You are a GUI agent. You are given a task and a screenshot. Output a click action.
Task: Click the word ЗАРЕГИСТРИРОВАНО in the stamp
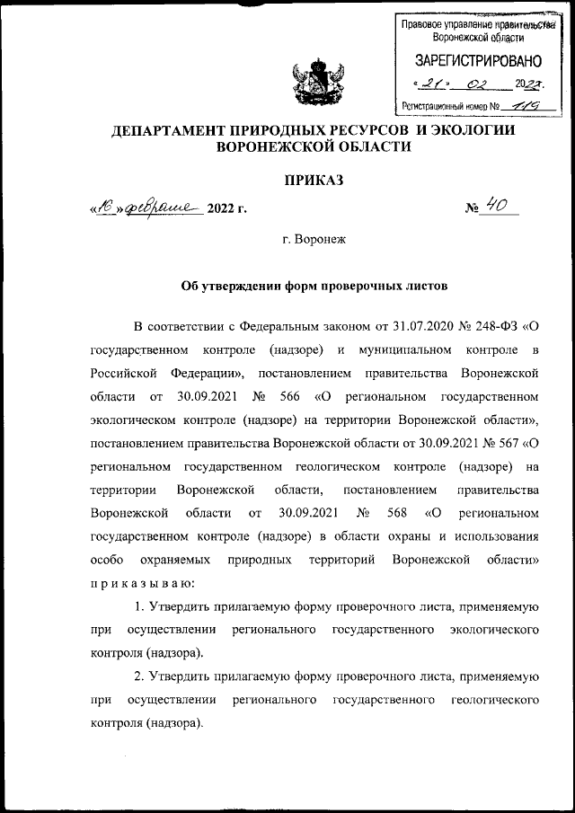[478, 62]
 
